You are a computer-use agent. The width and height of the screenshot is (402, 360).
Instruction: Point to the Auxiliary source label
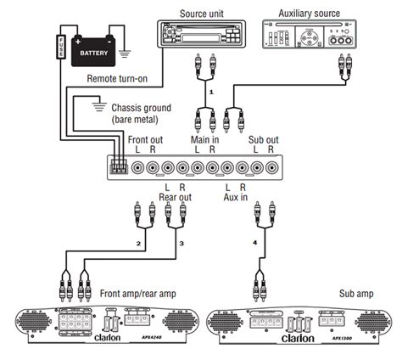click(x=309, y=14)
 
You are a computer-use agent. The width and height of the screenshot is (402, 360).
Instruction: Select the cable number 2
click(x=137, y=245)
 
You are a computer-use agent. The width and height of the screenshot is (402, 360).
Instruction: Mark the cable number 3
click(x=182, y=245)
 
